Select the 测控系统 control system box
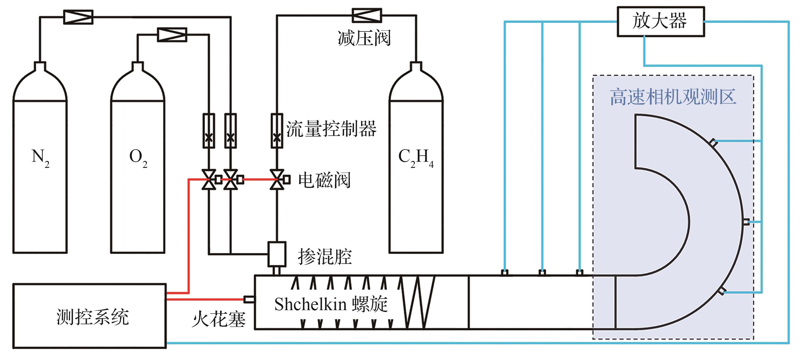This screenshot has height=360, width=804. pyautogui.click(x=89, y=316)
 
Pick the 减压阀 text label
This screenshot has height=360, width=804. pyautogui.click(x=364, y=38)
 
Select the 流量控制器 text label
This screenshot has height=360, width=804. pyautogui.click(x=331, y=129)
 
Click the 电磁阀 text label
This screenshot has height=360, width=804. pyautogui.click(x=324, y=180)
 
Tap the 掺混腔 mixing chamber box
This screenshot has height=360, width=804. pyautogui.click(x=277, y=254)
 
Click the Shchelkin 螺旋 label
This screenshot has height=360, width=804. pyautogui.click(x=331, y=304)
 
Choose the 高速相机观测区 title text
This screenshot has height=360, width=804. pyautogui.click(x=673, y=97)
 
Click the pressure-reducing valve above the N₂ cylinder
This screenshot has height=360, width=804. pyautogui.click(x=78, y=17)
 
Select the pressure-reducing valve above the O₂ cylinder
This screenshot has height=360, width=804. pyautogui.click(x=172, y=35)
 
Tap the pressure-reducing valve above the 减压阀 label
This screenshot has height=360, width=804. pyautogui.click(x=367, y=15)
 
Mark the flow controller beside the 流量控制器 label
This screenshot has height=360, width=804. pyautogui.click(x=277, y=131)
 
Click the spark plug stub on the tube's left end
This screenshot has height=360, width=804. pyautogui.click(x=249, y=299)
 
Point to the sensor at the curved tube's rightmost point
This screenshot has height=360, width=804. pyautogui.click(x=746, y=222)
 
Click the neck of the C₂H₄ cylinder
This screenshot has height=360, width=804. pyautogui.click(x=416, y=66)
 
